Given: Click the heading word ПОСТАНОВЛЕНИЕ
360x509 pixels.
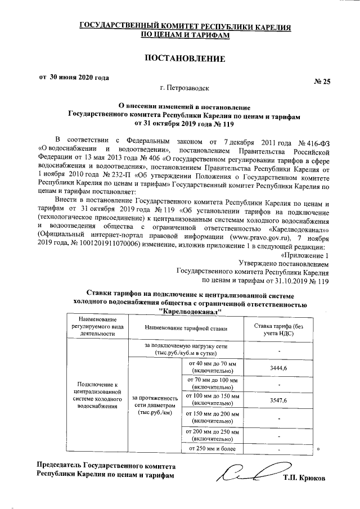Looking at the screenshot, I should pyautogui.click(x=185, y=58).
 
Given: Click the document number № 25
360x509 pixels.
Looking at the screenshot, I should pyautogui.click(x=322, y=82).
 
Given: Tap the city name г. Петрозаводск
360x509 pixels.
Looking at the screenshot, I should pyautogui.click(x=185, y=88).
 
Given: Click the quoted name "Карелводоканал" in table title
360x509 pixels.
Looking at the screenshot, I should pyautogui.click(x=191, y=312).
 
